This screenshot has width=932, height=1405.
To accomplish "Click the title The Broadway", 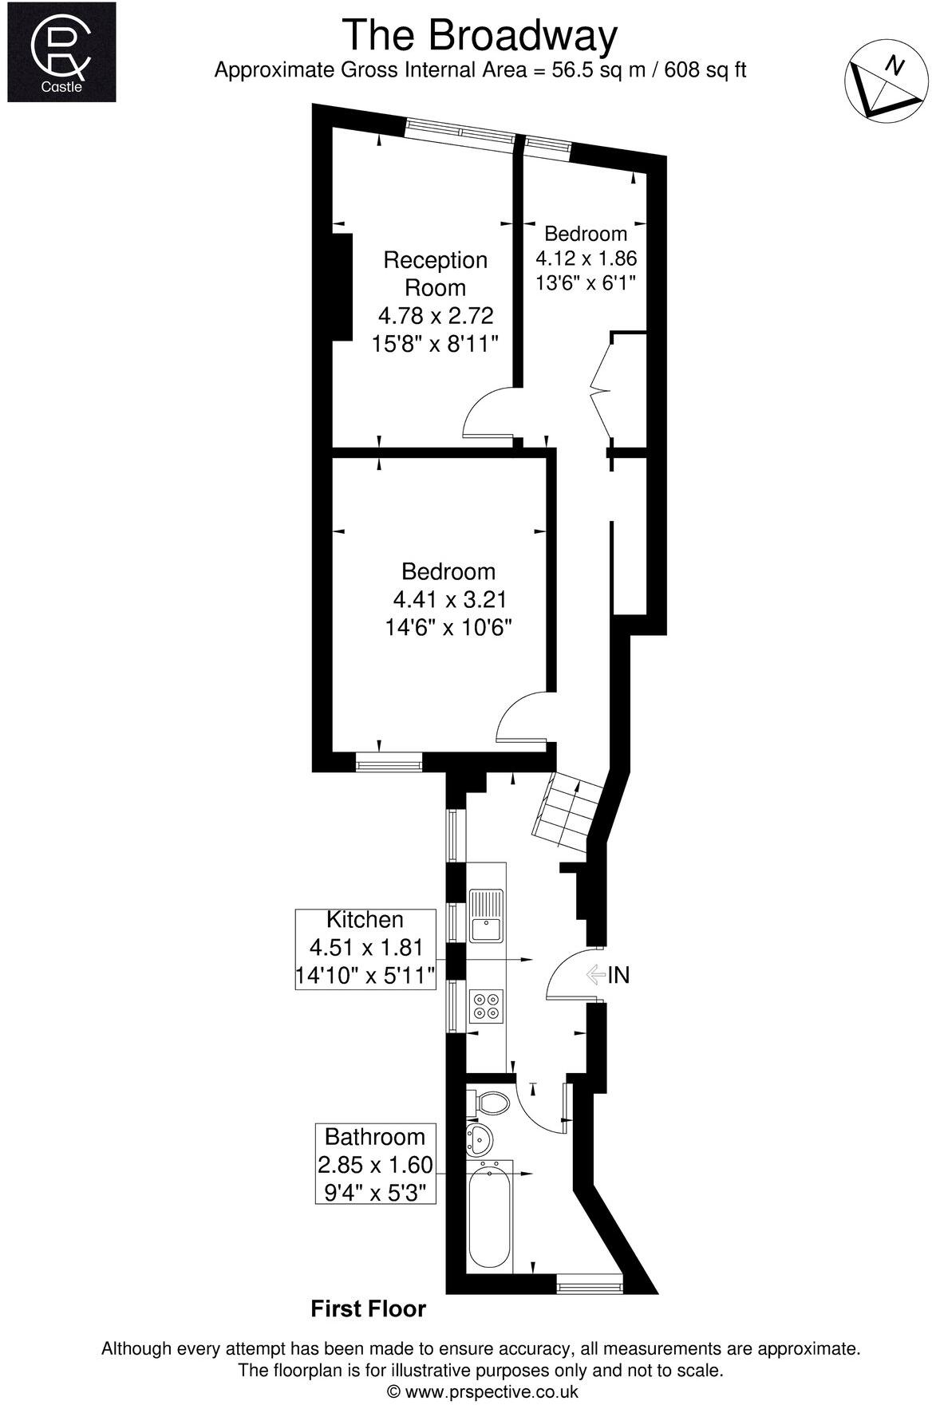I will (x=480, y=36).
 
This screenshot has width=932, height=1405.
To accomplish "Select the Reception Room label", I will (x=435, y=273).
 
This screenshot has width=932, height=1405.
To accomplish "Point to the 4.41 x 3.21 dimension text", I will (x=449, y=599).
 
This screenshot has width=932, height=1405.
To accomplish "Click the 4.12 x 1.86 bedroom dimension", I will (x=586, y=259).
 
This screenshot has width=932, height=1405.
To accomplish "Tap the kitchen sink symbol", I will (x=486, y=918).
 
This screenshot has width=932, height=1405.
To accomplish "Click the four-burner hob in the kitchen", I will (x=486, y=1005).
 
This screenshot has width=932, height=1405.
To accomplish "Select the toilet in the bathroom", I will (x=489, y=1104).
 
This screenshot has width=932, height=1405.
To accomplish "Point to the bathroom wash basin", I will (x=480, y=1139).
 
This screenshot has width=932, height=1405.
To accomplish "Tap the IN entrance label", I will (x=618, y=975).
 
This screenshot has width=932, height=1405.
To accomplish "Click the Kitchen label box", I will (x=365, y=948).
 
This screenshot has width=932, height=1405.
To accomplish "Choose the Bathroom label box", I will (x=375, y=1165).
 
